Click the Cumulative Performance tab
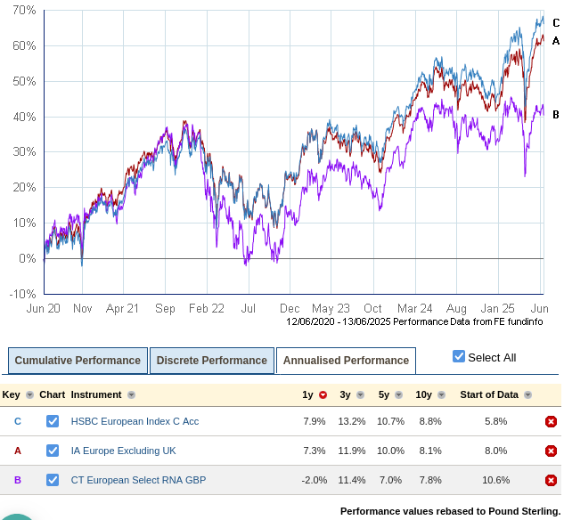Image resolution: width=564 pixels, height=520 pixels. [x=78, y=361]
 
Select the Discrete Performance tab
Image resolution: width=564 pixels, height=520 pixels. [x=211, y=361]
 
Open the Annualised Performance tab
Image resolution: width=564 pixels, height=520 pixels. [x=346, y=361]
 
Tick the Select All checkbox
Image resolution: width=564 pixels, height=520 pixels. [x=459, y=357]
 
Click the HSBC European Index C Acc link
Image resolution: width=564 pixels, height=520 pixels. [x=135, y=421]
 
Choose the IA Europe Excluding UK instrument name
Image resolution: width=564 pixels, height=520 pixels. [x=124, y=451]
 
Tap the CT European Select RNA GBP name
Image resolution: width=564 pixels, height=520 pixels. [x=138, y=480]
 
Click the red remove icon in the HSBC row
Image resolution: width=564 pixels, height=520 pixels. [x=551, y=421]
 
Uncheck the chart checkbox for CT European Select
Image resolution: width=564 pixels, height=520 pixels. [x=53, y=480]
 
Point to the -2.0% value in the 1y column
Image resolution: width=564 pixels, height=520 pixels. [x=314, y=480]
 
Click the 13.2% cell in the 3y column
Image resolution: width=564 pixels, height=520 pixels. [x=352, y=421]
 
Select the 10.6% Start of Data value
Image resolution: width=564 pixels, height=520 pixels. [x=495, y=480]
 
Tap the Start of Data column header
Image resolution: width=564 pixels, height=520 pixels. [x=489, y=394]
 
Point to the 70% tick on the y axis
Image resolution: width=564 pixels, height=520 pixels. [x=24, y=10]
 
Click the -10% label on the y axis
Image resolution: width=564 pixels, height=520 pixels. [x=21, y=294]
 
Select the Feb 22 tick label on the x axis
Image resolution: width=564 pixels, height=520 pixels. [x=206, y=309]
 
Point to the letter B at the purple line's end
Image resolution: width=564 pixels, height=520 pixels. [x=555, y=114]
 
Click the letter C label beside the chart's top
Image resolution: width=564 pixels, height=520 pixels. [x=555, y=23]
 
